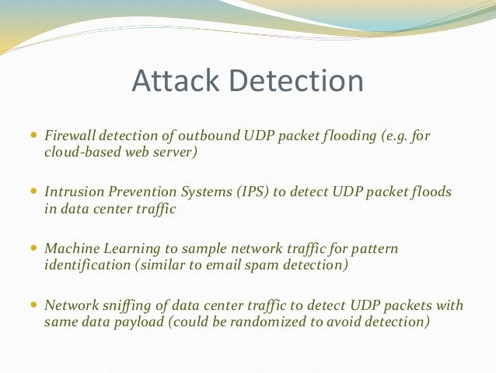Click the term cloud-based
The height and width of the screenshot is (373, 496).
82,152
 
